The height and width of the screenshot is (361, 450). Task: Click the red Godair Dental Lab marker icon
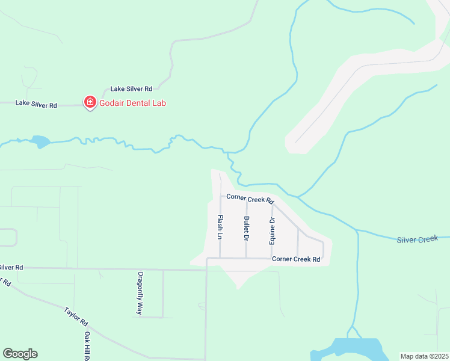pyautogui.click(x=90, y=103)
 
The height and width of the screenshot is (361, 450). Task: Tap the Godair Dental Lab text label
pyautogui.click(x=132, y=103)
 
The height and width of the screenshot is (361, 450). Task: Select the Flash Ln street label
pyautogui.click(x=220, y=227)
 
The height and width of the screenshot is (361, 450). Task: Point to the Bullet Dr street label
pyautogui.click(x=247, y=229)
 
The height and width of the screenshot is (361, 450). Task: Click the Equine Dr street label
pyautogui.click(x=272, y=229)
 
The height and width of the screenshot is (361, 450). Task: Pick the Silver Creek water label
pyautogui.click(x=417, y=239)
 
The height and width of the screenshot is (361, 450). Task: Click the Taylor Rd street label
pyautogui.click(x=76, y=318)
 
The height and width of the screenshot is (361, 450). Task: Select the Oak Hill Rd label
pyautogui.click(x=87, y=345)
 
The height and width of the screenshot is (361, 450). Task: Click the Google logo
pyautogui.click(x=20, y=354)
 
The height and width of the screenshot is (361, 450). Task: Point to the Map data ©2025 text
pyautogui.click(x=424, y=356)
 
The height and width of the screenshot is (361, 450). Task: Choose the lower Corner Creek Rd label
pyautogui.click(x=295, y=259)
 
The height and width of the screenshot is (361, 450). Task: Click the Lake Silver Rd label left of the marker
pyautogui.click(x=36, y=104)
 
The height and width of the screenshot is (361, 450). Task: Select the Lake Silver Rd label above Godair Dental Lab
pyautogui.click(x=131, y=88)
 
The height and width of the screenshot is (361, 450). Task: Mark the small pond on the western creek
pyautogui.click(x=40, y=142)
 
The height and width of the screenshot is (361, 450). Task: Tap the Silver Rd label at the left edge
pyautogui.click(x=11, y=267)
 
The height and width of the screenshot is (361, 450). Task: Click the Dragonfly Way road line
pyautogui.click(x=163, y=295)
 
